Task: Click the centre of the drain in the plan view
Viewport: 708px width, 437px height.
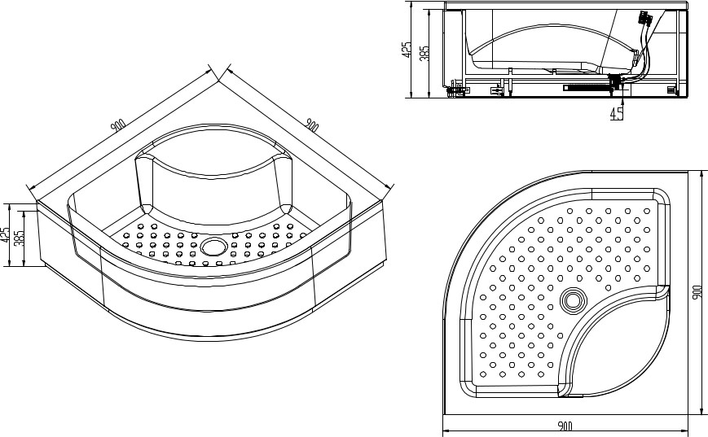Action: (x=574, y=300)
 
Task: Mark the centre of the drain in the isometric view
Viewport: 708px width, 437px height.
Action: (x=212, y=247)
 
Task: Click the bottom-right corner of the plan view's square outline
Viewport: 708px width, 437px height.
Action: (x=688, y=414)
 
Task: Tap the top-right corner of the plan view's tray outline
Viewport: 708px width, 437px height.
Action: (x=688, y=171)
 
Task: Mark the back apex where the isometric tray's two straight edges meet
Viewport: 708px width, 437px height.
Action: (x=219, y=81)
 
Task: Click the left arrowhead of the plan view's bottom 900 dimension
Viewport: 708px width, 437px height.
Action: (x=445, y=430)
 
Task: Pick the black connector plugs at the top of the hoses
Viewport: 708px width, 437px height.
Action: (x=644, y=19)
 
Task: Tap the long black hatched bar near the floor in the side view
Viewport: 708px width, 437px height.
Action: (x=586, y=89)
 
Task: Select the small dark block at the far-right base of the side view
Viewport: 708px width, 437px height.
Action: (x=672, y=90)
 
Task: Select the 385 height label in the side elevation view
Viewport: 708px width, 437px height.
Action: (x=425, y=53)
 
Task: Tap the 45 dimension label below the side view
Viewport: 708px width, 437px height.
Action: (x=616, y=113)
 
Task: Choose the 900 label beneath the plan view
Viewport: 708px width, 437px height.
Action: (x=565, y=426)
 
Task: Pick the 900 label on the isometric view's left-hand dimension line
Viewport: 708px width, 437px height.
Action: (x=118, y=126)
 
